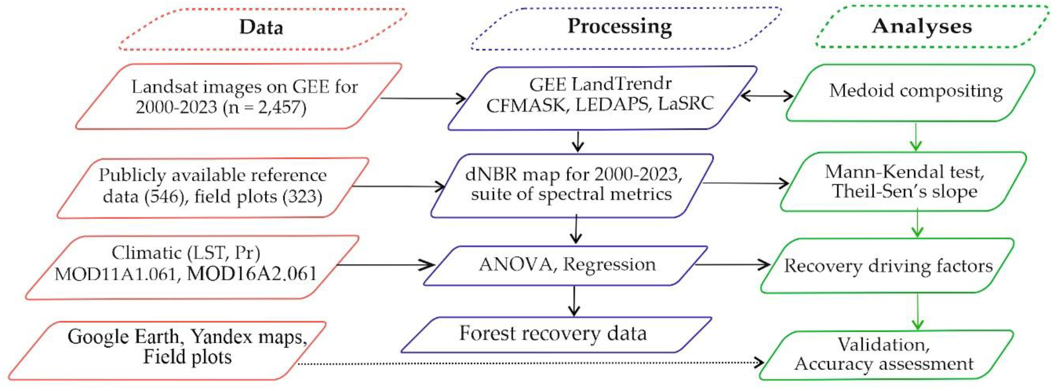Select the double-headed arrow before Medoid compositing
pos(767,97)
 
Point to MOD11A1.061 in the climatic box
pos(115,274)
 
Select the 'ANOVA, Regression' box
pos(567,265)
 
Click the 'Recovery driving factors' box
pos(888,266)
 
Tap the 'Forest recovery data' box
pos(553,333)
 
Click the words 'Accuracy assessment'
pos(883,363)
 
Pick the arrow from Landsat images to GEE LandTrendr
pos(423,99)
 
